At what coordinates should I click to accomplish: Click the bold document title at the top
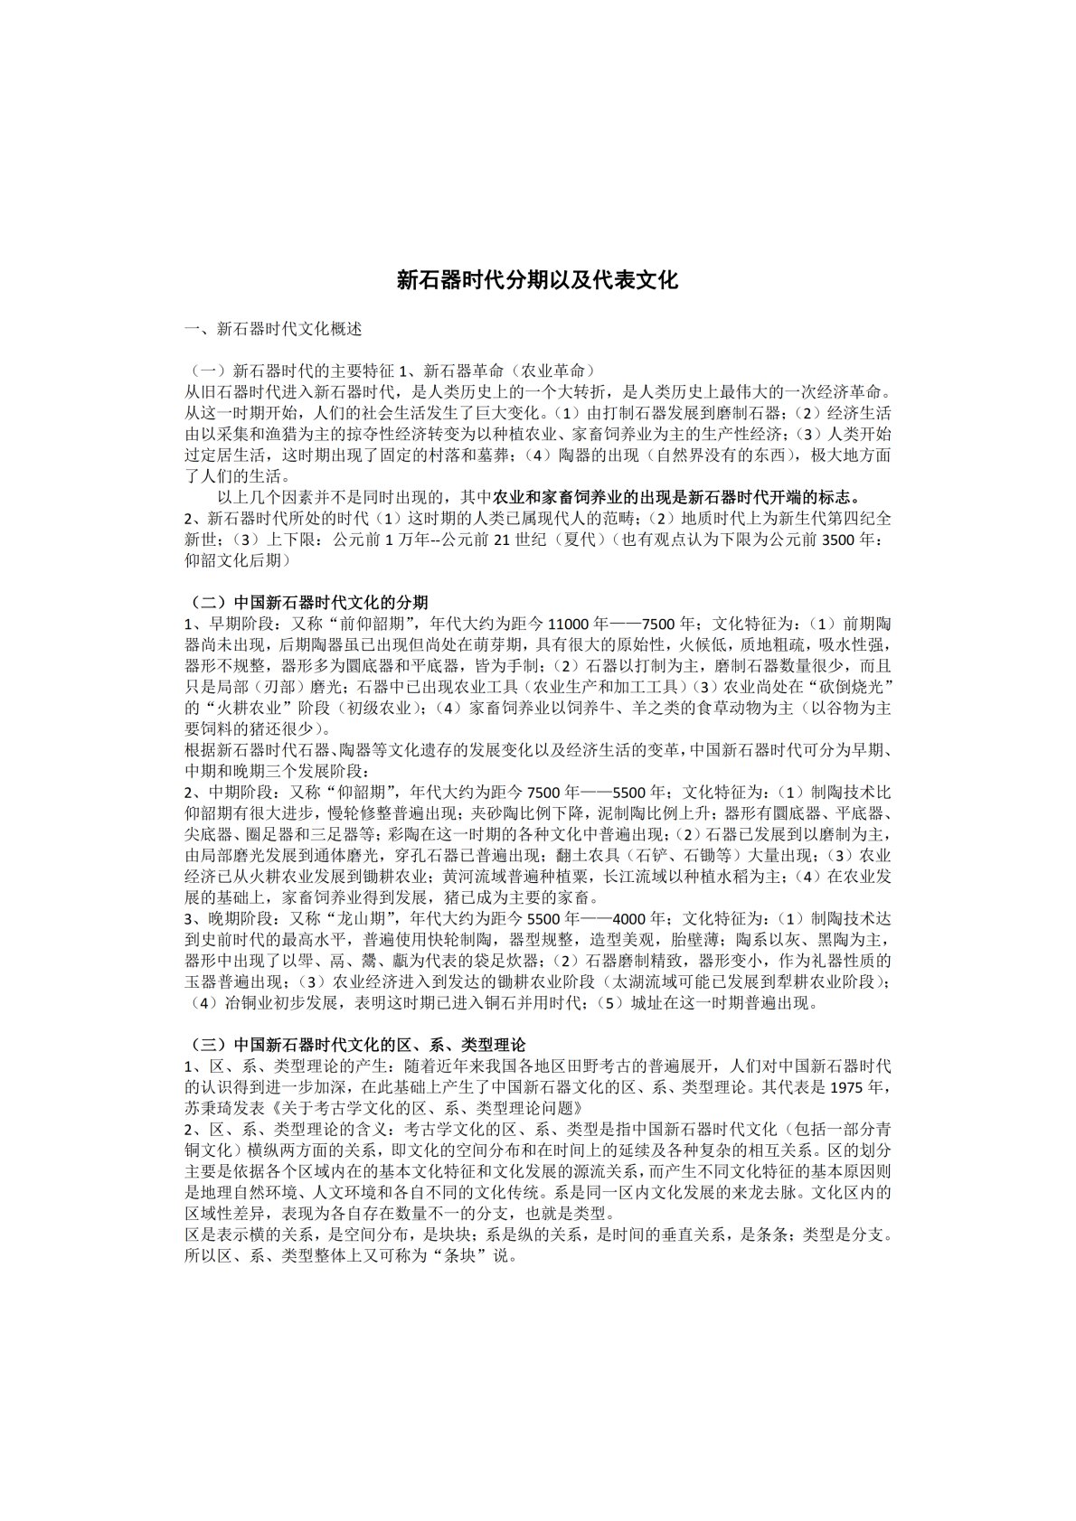(538, 280)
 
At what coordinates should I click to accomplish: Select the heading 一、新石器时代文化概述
(273, 329)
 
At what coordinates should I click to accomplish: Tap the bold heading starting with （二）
(308, 602)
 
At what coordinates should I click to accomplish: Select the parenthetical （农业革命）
(549, 371)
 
